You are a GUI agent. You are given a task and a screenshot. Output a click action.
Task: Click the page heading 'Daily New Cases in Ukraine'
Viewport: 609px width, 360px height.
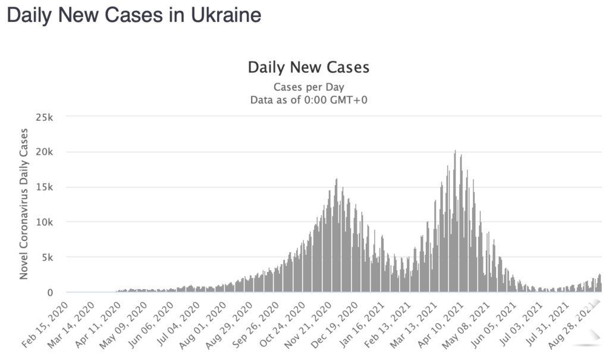tap(134, 15)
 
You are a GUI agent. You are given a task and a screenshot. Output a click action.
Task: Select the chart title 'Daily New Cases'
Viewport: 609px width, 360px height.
tap(308, 67)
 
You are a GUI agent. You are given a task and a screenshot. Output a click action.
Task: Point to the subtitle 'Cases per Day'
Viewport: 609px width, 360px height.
tap(308, 87)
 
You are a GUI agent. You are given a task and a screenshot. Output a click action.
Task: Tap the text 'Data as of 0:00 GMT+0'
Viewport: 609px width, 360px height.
tap(308, 100)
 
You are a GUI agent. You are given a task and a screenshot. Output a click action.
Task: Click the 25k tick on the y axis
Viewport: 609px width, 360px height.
tap(45, 117)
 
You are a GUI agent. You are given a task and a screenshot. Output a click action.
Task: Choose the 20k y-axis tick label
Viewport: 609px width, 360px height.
tap(45, 152)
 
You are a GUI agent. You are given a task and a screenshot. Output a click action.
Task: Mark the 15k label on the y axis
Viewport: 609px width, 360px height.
tap(45, 187)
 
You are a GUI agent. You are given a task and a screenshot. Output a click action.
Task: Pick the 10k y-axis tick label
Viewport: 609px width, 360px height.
tap(45, 222)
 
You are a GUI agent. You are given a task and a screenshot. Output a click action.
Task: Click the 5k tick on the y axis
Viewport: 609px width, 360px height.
tap(48, 257)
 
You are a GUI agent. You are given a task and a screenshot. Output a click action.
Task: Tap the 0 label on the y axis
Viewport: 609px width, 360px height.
tap(51, 292)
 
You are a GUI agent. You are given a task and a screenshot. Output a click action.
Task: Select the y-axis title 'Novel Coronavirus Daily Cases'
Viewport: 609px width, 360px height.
tap(24, 204)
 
